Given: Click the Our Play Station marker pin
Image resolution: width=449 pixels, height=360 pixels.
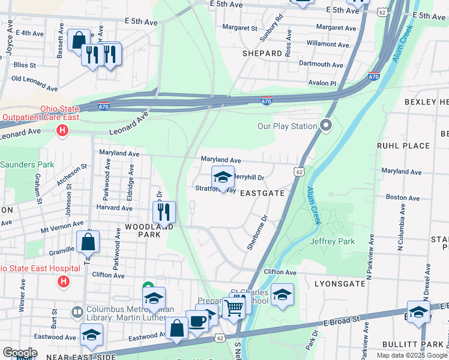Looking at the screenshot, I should (326, 125).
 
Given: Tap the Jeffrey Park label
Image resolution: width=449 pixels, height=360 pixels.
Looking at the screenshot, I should (333, 241).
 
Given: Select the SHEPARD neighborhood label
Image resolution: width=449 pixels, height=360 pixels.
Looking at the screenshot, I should (262, 53).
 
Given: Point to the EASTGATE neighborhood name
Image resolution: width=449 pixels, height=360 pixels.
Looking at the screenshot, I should (262, 193).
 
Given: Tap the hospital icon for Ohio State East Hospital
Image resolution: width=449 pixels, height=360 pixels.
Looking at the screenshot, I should (63, 281).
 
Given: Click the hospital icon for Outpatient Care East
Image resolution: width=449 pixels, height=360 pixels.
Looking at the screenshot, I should (61, 130).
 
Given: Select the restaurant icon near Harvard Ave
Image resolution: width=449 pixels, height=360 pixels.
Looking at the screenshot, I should (163, 211).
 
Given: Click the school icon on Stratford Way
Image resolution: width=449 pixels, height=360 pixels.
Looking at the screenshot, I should (223, 177).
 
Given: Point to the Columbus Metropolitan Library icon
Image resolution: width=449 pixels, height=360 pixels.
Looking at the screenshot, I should (77, 312).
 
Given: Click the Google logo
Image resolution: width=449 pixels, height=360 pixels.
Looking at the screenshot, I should (20, 353).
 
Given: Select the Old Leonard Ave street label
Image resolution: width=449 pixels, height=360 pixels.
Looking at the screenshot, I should (34, 83).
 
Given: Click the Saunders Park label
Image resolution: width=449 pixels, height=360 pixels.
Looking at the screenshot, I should (27, 164).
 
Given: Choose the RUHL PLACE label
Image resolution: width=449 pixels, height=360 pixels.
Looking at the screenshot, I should (403, 146).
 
